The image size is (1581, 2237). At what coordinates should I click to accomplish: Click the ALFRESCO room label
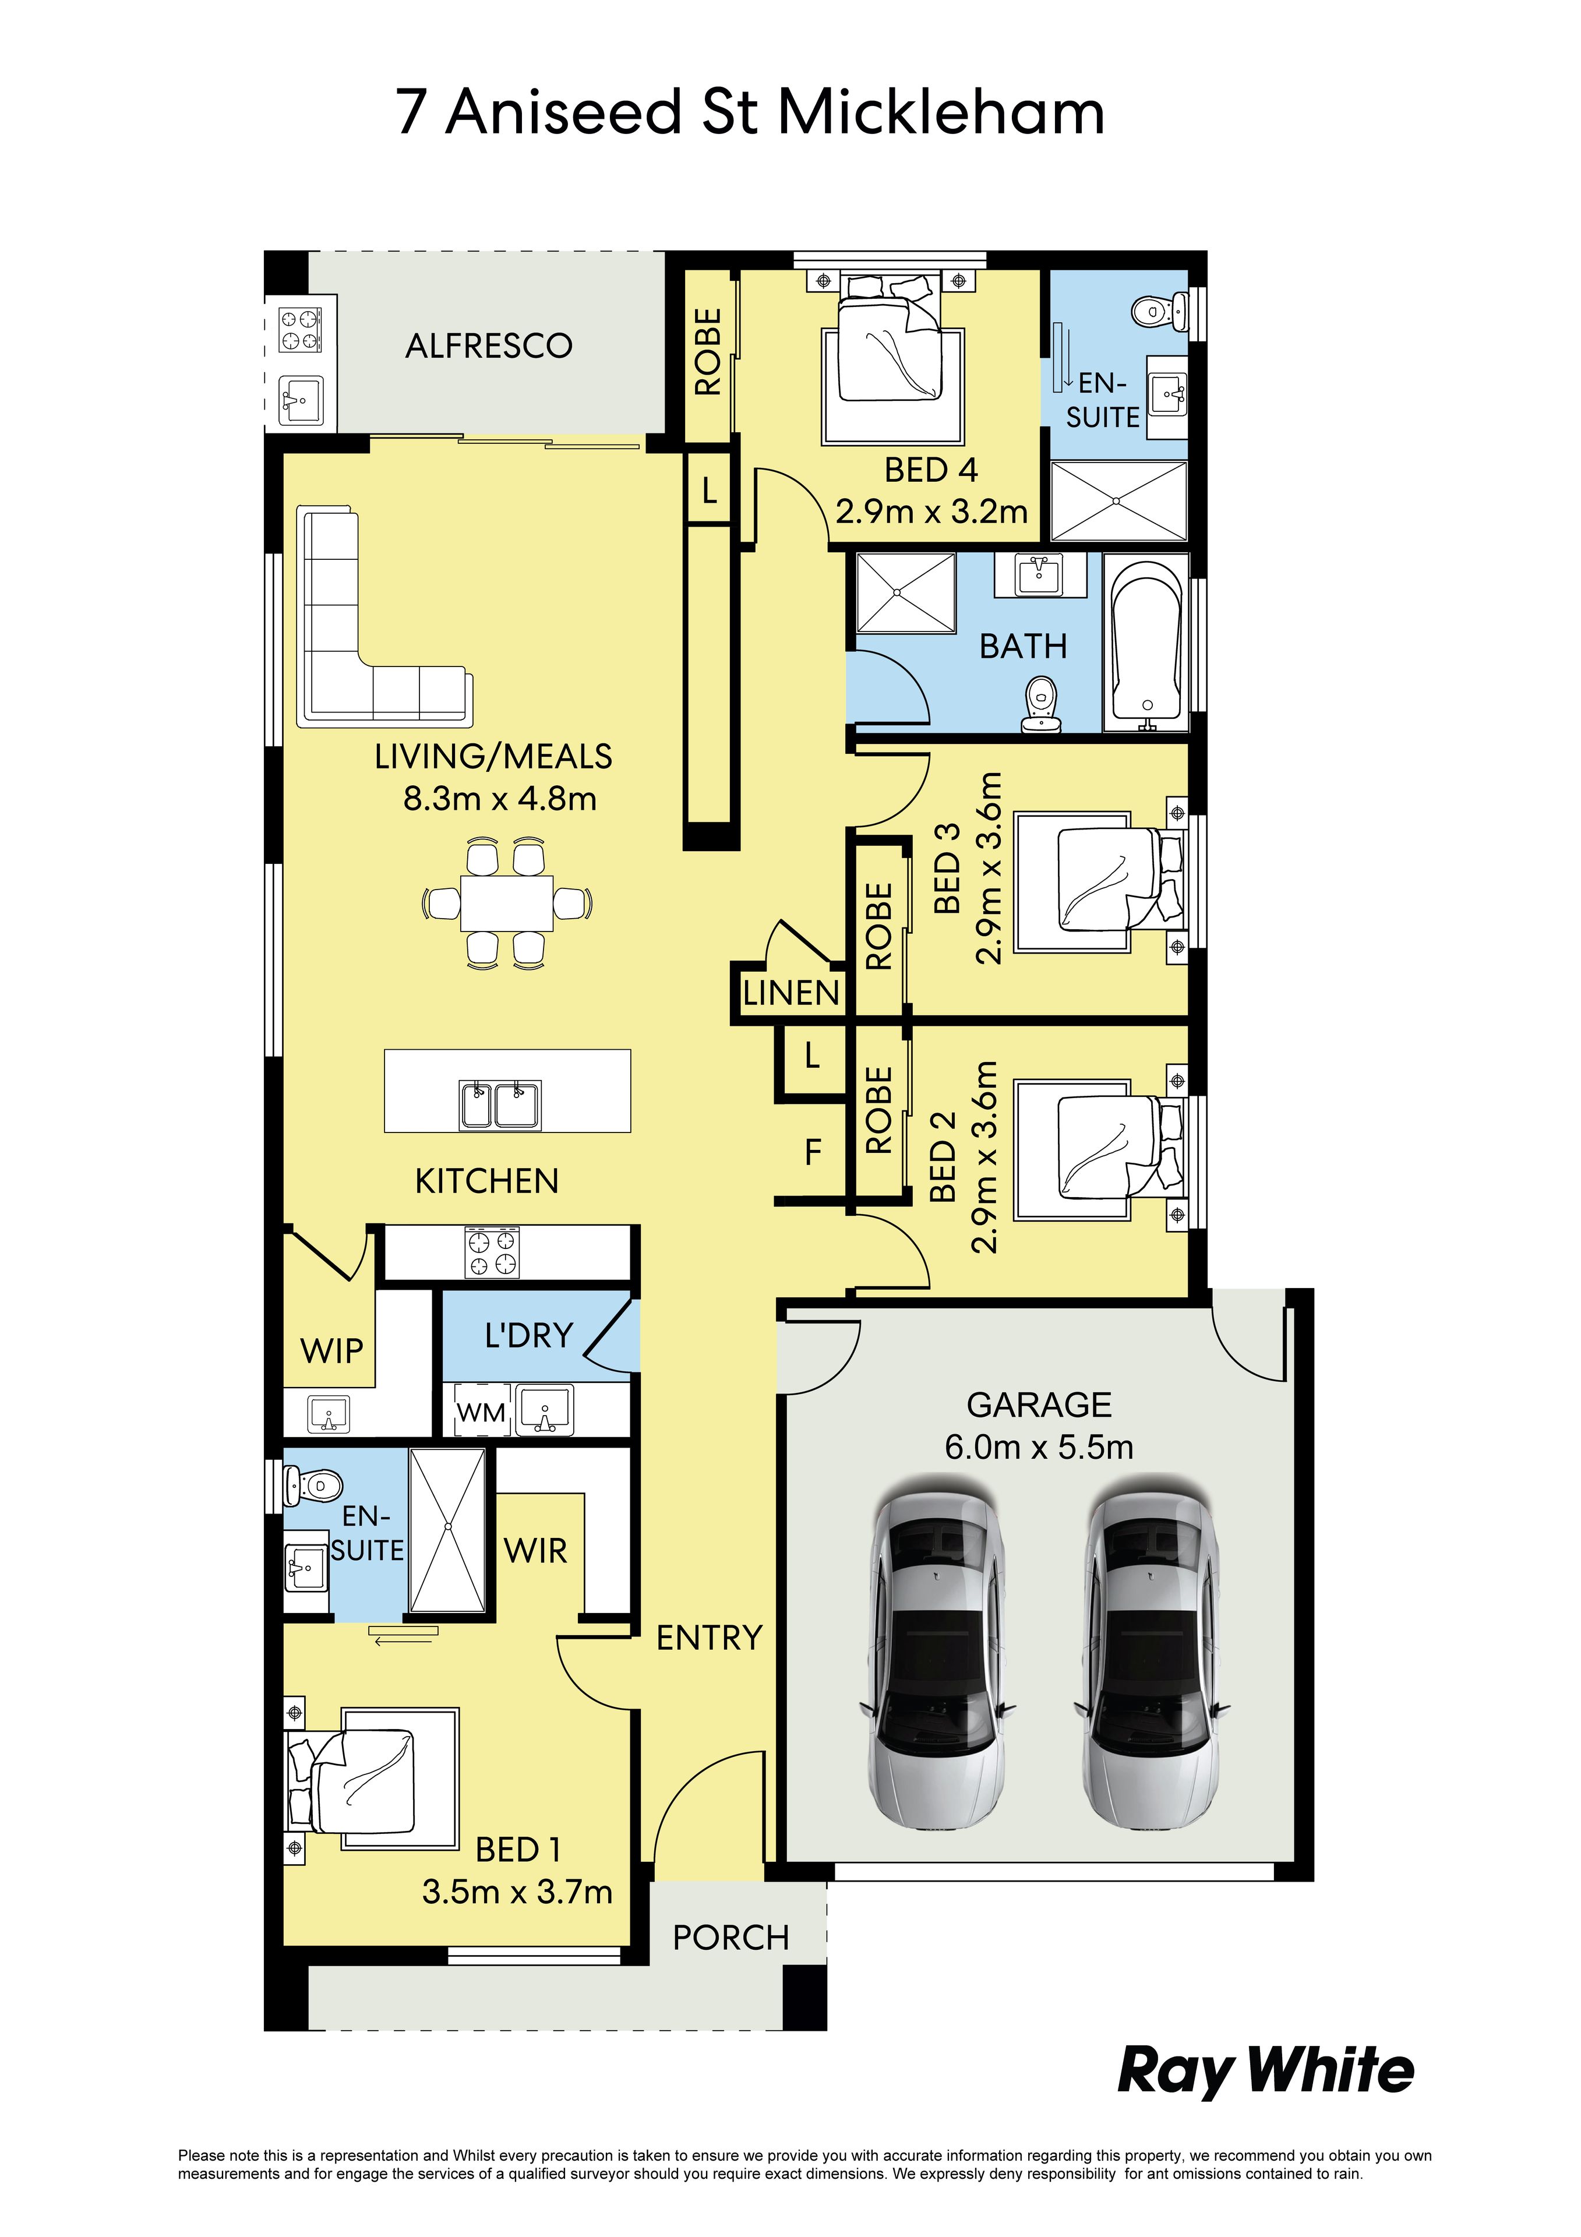point(489,346)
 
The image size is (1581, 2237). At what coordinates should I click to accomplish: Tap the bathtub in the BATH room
point(1146,643)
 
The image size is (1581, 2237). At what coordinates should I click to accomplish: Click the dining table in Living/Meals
point(507,903)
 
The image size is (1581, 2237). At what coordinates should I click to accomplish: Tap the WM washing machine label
point(481,1413)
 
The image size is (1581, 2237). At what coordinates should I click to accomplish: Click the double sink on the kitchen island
point(501,1105)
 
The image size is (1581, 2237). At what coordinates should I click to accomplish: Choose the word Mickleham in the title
point(941,112)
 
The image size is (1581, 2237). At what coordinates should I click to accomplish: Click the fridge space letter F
point(813,1153)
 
